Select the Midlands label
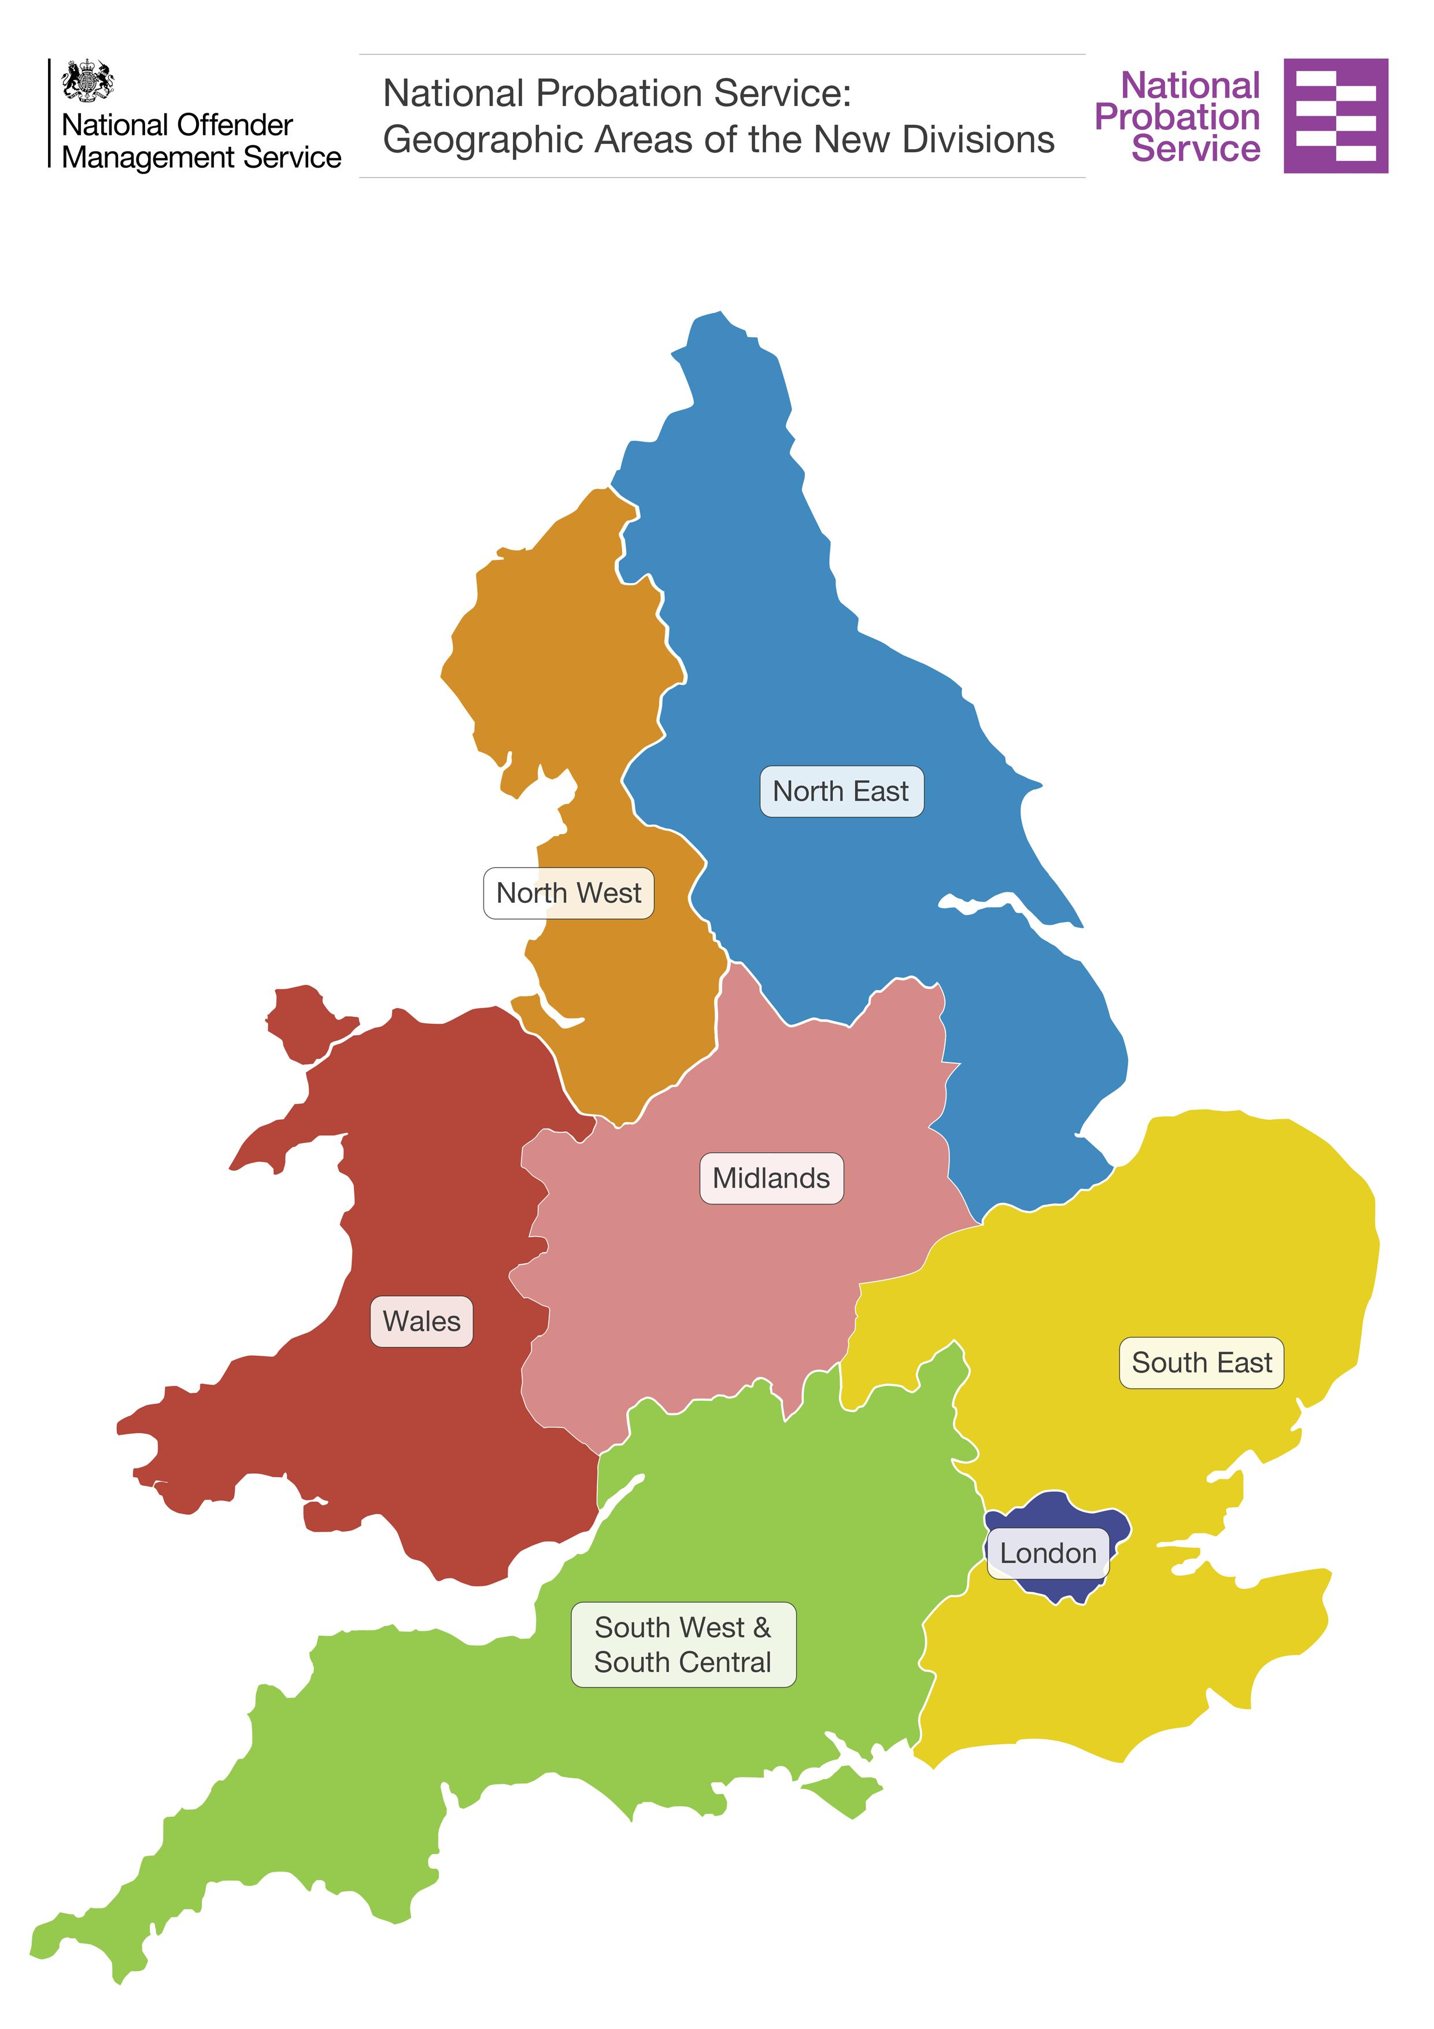771,1178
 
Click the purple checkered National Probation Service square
1335,116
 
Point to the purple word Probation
1177,117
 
